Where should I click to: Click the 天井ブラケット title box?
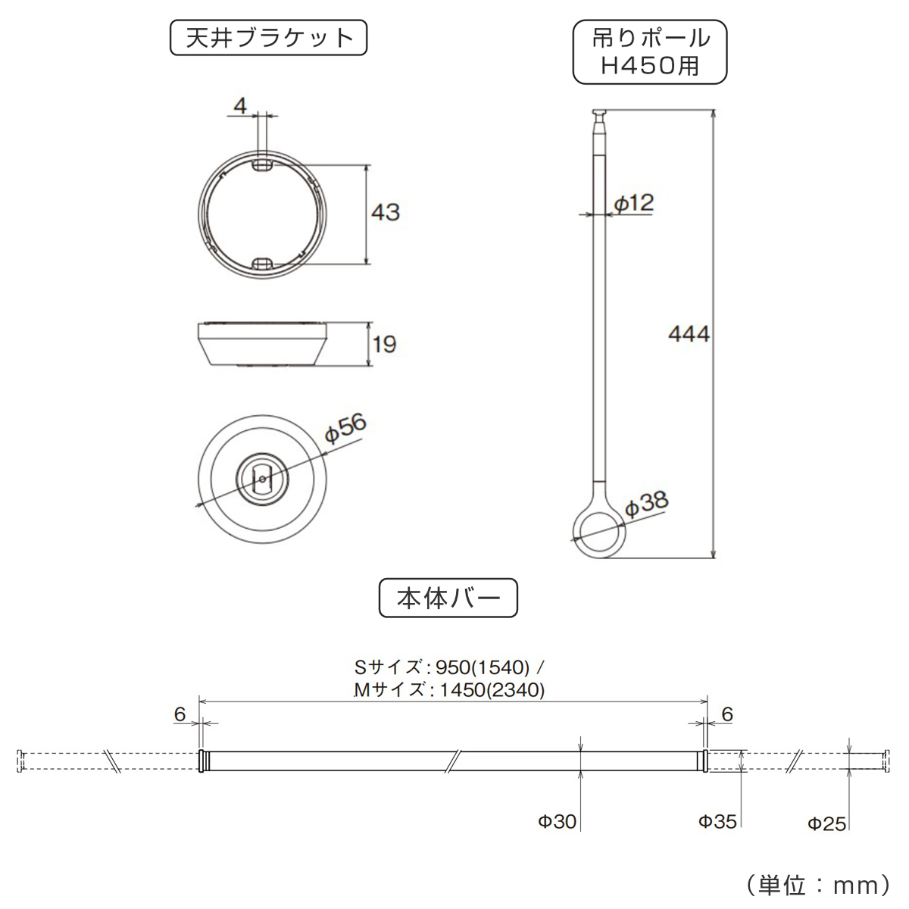269,39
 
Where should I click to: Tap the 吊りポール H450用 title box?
650,52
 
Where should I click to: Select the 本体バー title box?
448,598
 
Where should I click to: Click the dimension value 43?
385,212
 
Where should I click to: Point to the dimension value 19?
384,345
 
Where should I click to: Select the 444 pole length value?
689,333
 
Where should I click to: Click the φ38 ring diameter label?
646,503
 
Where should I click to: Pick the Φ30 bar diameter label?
558,821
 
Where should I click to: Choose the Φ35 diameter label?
717,821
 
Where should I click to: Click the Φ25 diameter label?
826,823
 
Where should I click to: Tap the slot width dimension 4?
240,106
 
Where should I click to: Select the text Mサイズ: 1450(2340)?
449,690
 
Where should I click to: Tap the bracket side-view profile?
262,345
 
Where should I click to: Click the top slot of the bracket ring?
262,164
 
